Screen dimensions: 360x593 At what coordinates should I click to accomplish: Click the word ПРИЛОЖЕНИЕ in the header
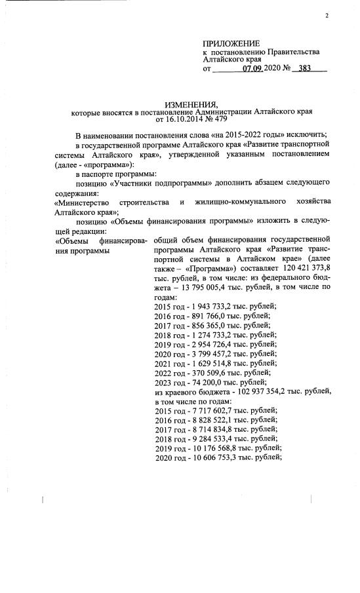[x=231, y=43]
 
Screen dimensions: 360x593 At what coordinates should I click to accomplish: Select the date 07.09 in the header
[x=252, y=68]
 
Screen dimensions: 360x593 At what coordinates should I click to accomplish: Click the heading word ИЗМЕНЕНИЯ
[x=190, y=105]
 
